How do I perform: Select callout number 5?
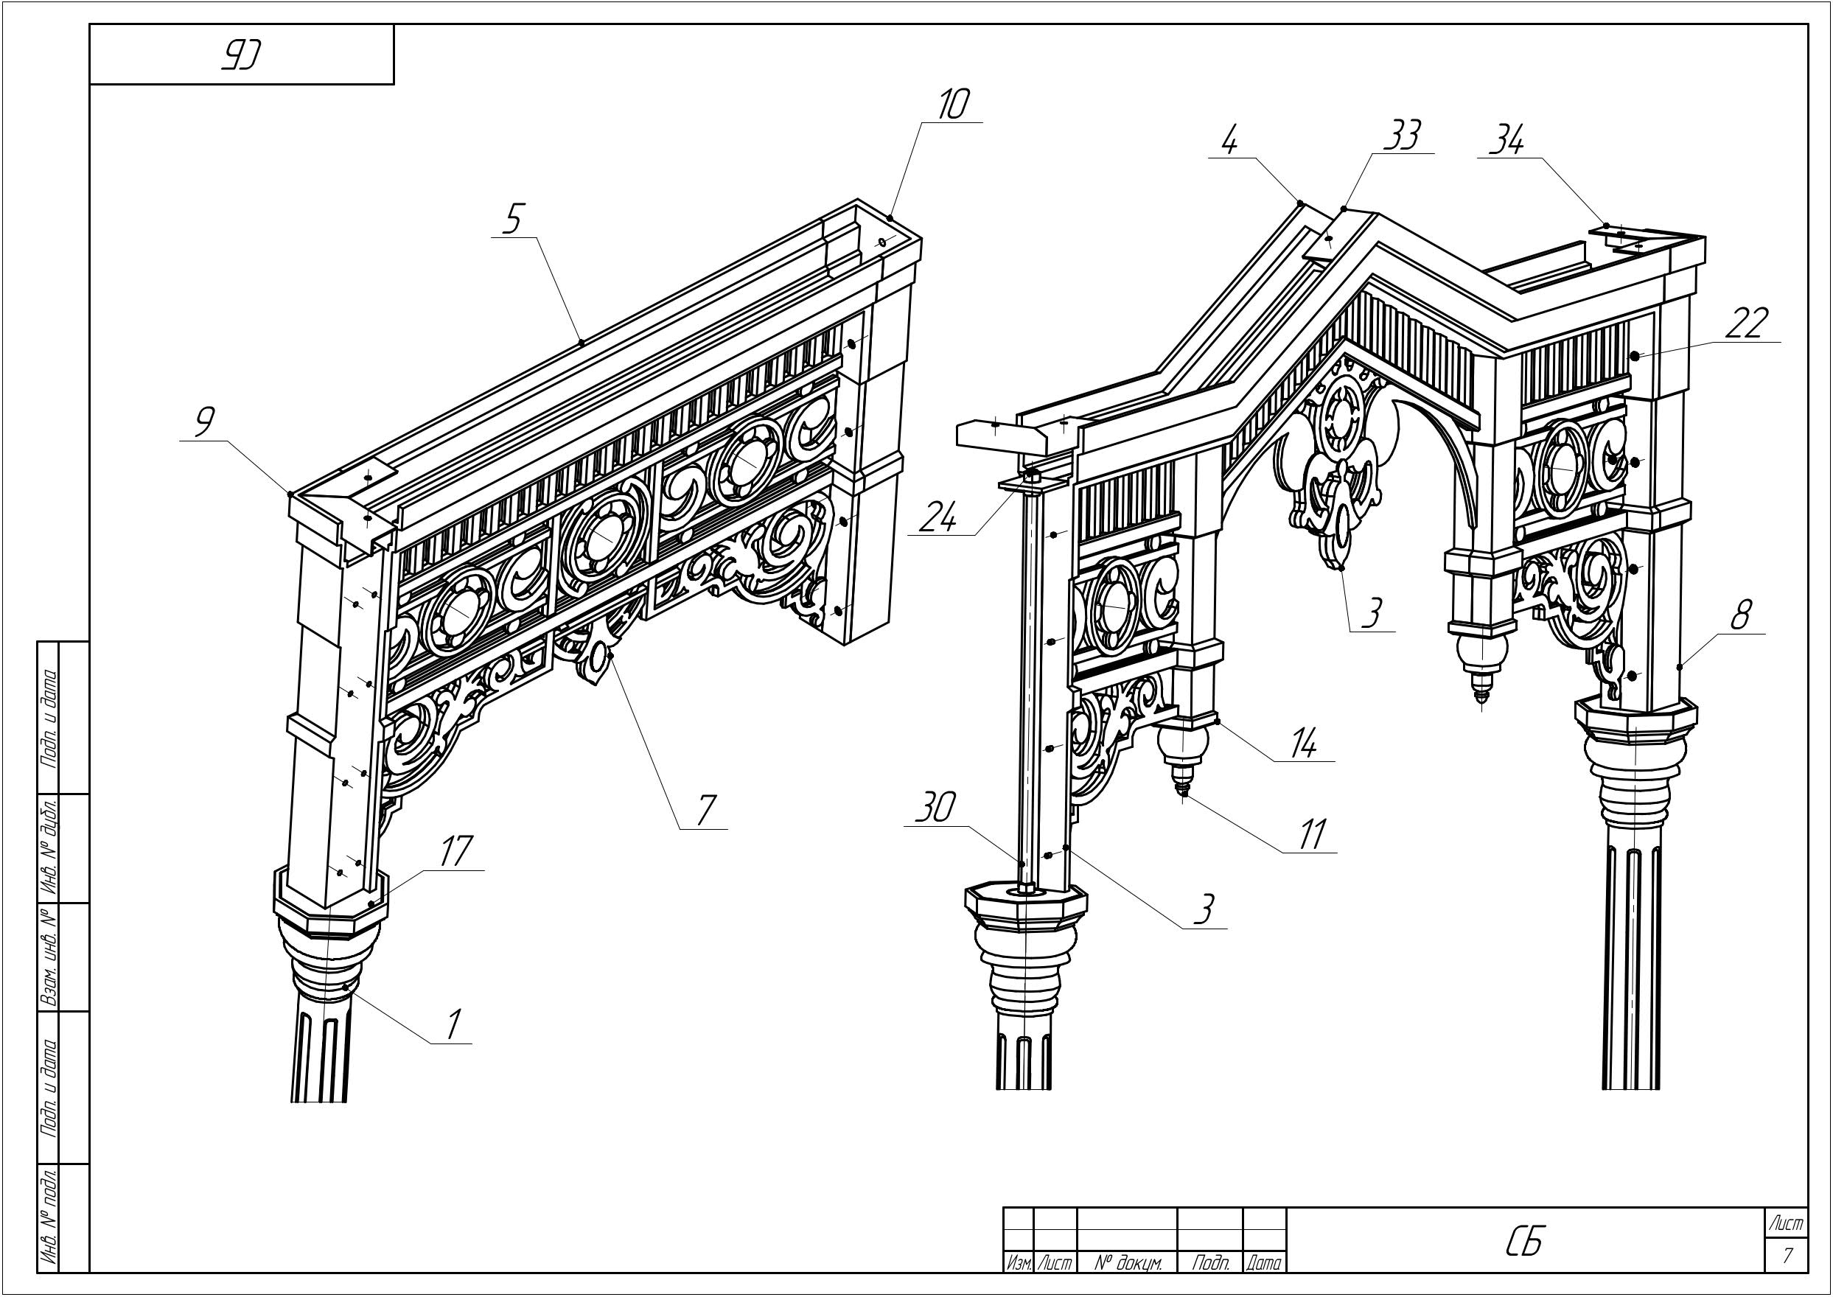pyautogui.click(x=513, y=218)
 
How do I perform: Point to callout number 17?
pyautogui.click(x=455, y=850)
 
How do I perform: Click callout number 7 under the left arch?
pyautogui.click(x=704, y=810)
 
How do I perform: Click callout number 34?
pyautogui.click(x=1506, y=142)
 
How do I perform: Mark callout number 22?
pyautogui.click(x=1745, y=324)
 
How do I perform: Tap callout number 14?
pyautogui.click(x=1302, y=745)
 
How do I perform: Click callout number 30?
pyautogui.click(x=934, y=809)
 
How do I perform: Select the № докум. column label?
pyautogui.click(x=1127, y=1262)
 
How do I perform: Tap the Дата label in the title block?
pyautogui.click(x=1264, y=1262)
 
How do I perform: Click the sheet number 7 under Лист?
pyautogui.click(x=1787, y=1256)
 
